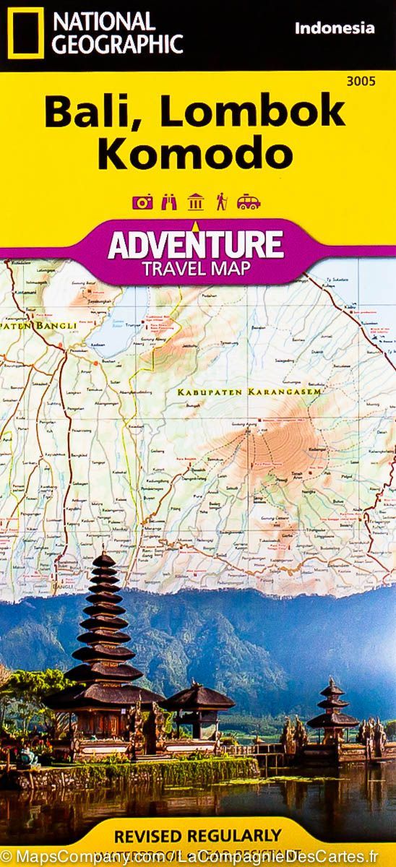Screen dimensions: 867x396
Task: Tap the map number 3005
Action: (361, 81)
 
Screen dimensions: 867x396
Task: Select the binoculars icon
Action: (168, 202)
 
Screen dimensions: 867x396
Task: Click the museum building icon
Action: (195, 202)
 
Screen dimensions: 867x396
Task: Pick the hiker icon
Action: (221, 202)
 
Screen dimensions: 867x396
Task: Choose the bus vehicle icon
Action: (249, 202)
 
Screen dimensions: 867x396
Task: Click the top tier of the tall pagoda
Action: (103, 558)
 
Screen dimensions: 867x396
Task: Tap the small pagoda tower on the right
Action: (332, 704)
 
